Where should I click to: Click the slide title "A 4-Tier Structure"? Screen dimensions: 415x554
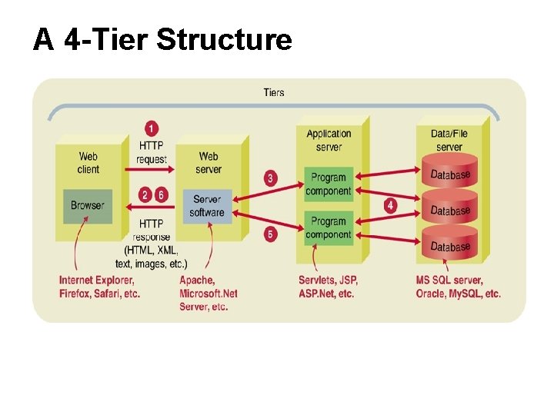click(x=162, y=39)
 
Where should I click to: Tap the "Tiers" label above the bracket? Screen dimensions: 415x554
click(x=274, y=92)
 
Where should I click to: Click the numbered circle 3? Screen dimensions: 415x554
click(x=270, y=178)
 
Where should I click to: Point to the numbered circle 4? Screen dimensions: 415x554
click(x=390, y=205)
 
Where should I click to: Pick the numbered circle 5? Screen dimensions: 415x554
click(x=270, y=233)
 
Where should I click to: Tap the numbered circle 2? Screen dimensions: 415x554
click(x=145, y=195)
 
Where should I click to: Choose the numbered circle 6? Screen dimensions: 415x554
click(x=161, y=195)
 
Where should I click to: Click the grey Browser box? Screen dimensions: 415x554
click(x=87, y=205)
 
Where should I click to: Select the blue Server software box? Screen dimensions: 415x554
click(x=207, y=206)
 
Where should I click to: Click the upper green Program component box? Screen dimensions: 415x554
click(x=328, y=184)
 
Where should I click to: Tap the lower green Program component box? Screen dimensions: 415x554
click(x=328, y=228)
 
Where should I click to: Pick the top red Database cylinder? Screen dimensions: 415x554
click(x=450, y=175)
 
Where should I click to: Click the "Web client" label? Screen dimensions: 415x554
click(x=88, y=163)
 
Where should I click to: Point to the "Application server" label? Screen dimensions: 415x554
click(x=329, y=140)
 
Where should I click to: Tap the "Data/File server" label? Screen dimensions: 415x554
click(x=449, y=140)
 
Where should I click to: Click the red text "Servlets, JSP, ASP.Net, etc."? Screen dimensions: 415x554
click(x=329, y=287)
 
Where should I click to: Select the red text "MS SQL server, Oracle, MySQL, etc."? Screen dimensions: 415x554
click(x=458, y=287)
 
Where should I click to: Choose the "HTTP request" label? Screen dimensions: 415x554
click(x=152, y=152)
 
